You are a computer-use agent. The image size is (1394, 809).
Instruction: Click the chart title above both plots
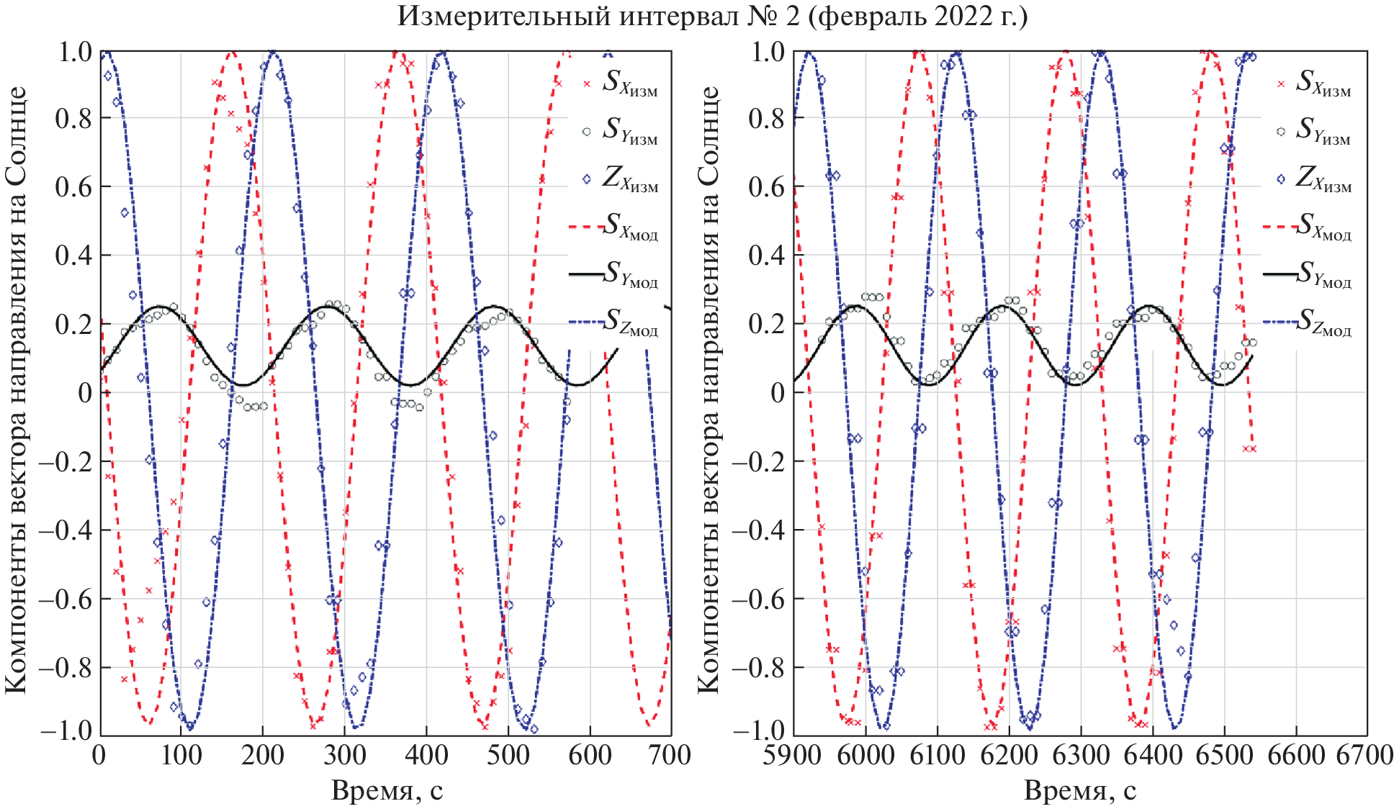coord(711,16)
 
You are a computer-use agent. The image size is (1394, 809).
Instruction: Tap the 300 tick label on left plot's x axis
coord(343,756)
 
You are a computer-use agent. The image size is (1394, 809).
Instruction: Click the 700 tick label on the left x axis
coord(670,756)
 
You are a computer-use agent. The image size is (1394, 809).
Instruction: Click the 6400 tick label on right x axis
coord(1151,756)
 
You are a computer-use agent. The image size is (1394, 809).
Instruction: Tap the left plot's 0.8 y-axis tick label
coord(73,119)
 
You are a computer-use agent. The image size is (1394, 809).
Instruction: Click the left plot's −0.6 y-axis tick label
coord(66,600)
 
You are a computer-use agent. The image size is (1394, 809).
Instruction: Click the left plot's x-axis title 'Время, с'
coord(387,791)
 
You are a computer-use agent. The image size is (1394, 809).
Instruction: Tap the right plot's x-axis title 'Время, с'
coord(1079,791)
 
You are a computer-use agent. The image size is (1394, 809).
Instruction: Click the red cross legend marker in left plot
coord(586,84)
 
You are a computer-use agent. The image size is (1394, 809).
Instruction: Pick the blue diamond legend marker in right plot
coord(1280,179)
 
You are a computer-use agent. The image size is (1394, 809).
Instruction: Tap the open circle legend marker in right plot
coord(1280,132)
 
